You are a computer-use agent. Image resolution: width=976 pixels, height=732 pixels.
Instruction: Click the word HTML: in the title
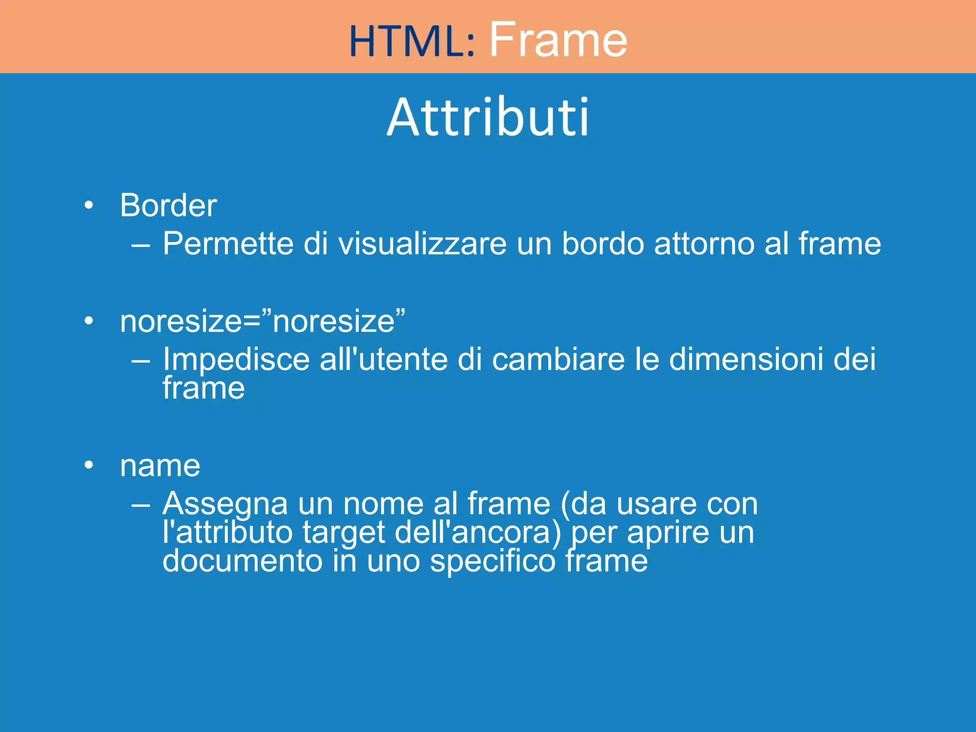(x=412, y=41)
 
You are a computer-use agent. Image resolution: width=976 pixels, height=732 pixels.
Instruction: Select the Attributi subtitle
(x=488, y=117)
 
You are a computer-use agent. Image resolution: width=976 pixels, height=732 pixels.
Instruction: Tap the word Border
(x=168, y=205)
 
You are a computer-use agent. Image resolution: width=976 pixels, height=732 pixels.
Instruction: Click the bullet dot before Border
(x=89, y=206)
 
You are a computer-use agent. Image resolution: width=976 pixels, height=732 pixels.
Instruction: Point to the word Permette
(x=228, y=244)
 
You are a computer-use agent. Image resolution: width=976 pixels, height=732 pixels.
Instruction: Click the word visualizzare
(x=422, y=244)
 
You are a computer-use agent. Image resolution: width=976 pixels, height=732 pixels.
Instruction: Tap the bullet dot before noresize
(x=89, y=322)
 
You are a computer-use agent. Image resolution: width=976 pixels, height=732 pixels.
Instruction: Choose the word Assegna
(x=225, y=504)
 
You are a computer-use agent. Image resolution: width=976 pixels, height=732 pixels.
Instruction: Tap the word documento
(x=243, y=561)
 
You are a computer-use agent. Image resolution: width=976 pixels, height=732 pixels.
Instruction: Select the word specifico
(x=493, y=561)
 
